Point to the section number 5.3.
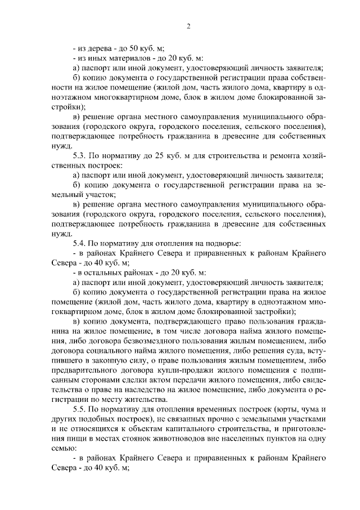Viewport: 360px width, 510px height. tap(81, 154)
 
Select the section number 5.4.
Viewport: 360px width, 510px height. tap(81, 243)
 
